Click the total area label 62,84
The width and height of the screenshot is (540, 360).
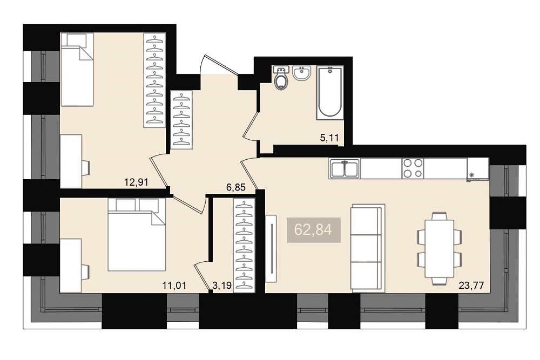(313, 230)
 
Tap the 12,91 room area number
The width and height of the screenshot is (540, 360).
(137, 182)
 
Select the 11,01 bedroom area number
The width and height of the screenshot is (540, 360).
(174, 286)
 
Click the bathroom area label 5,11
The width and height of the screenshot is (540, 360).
(329, 138)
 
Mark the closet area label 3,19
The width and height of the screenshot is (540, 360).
(222, 286)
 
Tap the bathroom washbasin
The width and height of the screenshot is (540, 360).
(302, 73)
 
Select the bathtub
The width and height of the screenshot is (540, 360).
(330, 93)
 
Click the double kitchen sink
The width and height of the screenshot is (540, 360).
(345, 168)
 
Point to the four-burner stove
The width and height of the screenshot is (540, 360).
(413, 168)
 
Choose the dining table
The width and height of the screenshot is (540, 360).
(440, 248)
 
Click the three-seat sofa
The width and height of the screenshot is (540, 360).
(367, 248)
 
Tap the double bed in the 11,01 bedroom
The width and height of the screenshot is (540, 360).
(137, 234)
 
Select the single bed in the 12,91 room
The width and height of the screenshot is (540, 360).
(77, 70)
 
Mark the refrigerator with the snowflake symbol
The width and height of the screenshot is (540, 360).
(478, 168)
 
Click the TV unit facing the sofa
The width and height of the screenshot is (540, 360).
(271, 248)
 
